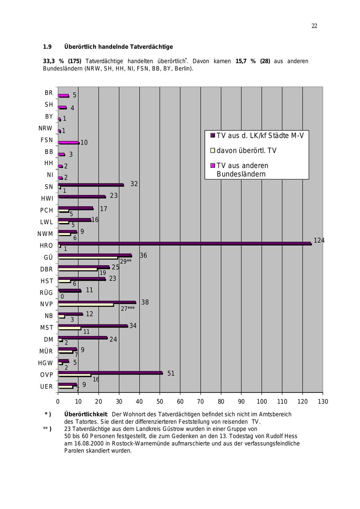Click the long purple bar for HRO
click(x=184, y=243)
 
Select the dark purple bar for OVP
click(x=110, y=372)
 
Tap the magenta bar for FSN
click(x=68, y=142)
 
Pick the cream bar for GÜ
click(x=88, y=258)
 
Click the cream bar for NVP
click(x=86, y=305)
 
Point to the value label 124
click(x=319, y=240)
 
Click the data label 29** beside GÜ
click(x=126, y=262)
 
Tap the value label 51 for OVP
click(x=171, y=373)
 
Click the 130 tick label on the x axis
click(x=323, y=401)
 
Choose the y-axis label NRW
click(x=46, y=128)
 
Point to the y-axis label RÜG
click(x=46, y=293)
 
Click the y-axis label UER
click(x=46, y=386)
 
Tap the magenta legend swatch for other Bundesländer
click(x=213, y=165)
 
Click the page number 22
click(x=314, y=26)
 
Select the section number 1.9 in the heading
click(x=47, y=47)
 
